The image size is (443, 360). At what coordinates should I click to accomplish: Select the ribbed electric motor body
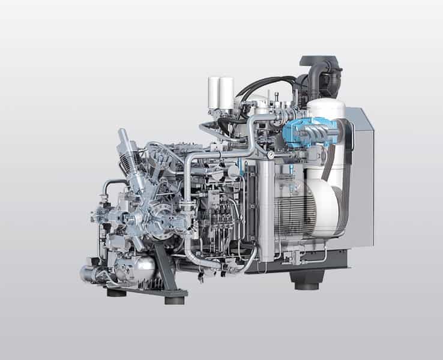click(294, 210)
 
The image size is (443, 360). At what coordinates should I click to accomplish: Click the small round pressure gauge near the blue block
click(272, 155)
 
